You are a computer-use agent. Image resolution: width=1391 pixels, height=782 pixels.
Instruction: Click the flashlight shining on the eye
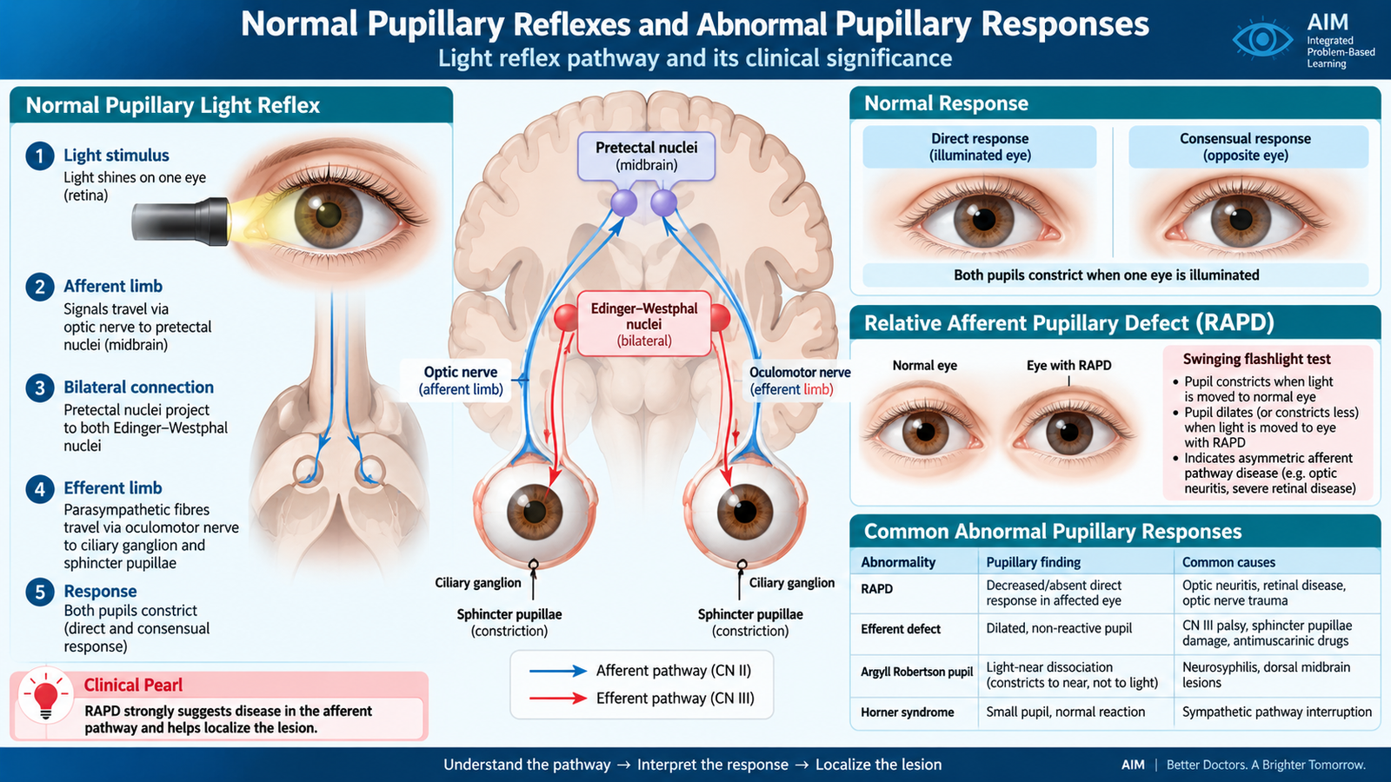coord(181,221)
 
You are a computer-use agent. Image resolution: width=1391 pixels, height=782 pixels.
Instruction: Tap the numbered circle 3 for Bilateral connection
coord(40,388)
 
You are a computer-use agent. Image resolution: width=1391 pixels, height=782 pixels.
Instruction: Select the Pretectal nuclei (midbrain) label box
coord(646,156)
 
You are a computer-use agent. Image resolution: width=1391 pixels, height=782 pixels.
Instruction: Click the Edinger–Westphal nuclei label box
coord(644,324)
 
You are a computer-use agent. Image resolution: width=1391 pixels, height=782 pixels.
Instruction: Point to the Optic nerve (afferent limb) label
coord(460,381)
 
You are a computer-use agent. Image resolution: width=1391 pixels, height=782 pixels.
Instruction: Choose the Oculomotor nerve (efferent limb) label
coord(800,381)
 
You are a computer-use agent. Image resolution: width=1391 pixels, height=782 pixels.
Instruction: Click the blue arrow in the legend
coord(557,671)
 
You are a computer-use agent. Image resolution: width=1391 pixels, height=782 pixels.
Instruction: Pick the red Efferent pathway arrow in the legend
coord(557,699)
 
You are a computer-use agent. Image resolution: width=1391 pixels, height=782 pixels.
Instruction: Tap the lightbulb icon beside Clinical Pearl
coord(45,699)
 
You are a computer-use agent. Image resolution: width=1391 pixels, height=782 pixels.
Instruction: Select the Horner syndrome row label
coord(908,712)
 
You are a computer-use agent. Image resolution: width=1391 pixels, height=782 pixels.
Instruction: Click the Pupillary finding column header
coord(1034,562)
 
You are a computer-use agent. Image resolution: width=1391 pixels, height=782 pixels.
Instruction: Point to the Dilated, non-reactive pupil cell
coord(1059,628)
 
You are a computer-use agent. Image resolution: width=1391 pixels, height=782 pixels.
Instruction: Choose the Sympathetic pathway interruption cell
coord(1277,712)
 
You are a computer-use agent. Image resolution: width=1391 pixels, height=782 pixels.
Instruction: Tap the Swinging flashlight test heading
coord(1257,360)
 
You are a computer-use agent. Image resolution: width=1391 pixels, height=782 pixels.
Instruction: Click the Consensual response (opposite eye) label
coord(1245,147)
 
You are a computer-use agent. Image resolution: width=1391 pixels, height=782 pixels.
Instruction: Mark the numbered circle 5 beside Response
coord(40,592)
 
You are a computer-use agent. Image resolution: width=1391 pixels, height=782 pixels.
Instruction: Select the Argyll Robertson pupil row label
coord(916,672)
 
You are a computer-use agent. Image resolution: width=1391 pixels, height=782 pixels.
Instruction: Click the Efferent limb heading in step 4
coord(112,488)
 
